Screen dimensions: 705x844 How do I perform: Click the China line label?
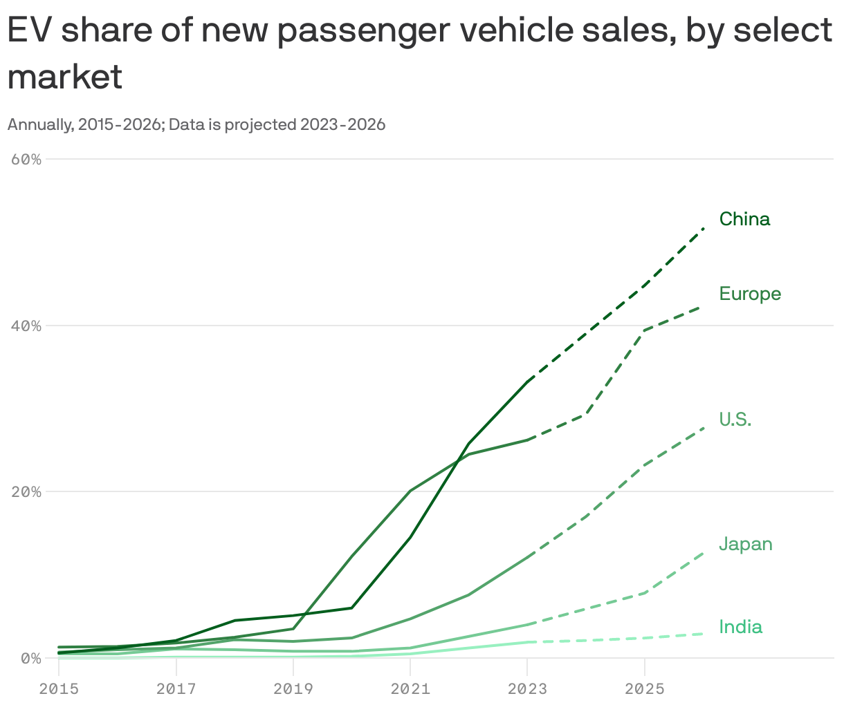click(744, 219)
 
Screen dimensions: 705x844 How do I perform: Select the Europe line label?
click(750, 294)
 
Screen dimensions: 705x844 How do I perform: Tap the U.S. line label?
click(735, 420)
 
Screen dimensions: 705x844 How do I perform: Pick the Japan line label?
click(746, 544)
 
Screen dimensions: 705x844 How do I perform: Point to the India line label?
click(741, 627)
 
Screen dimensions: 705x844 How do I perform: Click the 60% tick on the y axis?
click(27, 159)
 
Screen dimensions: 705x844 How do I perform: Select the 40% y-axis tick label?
click(27, 326)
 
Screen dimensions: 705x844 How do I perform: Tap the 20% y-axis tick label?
click(27, 492)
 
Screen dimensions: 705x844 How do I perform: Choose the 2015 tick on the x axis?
click(59, 688)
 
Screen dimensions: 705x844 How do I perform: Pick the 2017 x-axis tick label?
click(176, 688)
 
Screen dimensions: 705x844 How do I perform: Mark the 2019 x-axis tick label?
click(293, 688)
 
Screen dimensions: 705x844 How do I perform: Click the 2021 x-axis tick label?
click(410, 688)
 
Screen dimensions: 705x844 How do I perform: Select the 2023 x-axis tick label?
click(527, 688)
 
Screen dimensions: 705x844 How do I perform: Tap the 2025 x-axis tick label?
click(645, 688)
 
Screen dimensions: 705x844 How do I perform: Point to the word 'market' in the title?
click(65, 76)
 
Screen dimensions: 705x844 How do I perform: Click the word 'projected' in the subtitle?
click(260, 125)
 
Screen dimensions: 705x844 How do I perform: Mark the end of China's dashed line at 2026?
click(703, 228)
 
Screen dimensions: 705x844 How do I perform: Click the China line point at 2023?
click(527, 382)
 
